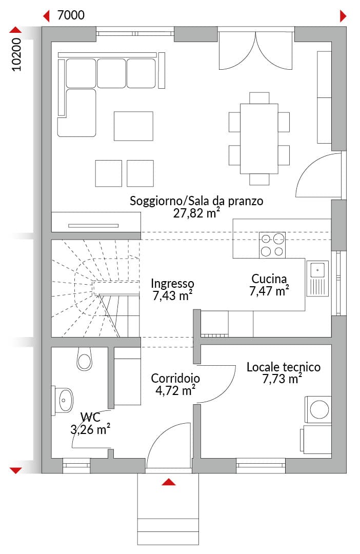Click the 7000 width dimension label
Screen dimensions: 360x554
click(x=71, y=15)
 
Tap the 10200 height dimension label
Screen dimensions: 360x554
click(x=16, y=55)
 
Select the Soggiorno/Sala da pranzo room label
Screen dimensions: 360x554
click(x=196, y=201)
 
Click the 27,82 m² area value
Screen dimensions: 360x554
click(x=196, y=213)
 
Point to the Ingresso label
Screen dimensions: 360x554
click(x=172, y=283)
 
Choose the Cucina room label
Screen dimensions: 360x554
click(x=269, y=279)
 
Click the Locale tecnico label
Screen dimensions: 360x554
click(x=284, y=367)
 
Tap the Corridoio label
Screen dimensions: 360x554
click(x=175, y=378)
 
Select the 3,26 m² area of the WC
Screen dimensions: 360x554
click(x=90, y=430)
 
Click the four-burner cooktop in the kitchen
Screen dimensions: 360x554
click(x=272, y=245)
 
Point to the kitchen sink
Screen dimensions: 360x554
click(x=317, y=279)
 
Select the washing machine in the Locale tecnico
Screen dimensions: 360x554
click(x=318, y=409)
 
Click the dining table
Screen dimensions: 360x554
click(x=259, y=138)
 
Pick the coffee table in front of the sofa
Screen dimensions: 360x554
click(x=133, y=126)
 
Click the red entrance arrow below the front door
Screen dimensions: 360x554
click(x=169, y=482)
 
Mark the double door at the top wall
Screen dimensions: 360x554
click(x=256, y=49)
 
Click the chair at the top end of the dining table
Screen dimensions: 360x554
click(x=259, y=98)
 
